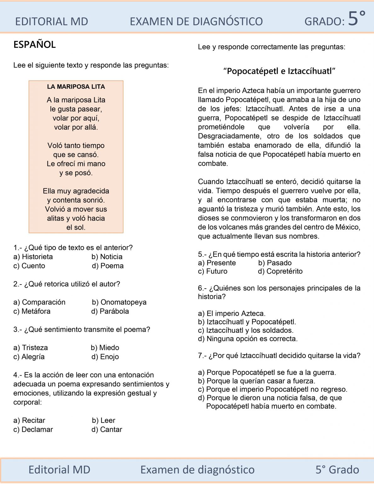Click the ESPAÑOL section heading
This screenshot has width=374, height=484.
34,44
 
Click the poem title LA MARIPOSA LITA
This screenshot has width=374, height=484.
76,87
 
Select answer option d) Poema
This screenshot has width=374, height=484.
108,266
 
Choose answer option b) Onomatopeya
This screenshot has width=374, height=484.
119,302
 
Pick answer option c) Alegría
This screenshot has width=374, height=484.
29,357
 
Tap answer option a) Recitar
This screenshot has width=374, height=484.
29,420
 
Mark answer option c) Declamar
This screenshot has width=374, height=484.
33,429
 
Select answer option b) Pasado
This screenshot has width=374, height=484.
275,263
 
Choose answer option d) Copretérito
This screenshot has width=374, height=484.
280,271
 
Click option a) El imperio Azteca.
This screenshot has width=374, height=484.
232,314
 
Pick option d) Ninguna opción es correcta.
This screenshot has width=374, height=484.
248,339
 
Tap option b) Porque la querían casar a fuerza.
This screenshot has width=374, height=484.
256,381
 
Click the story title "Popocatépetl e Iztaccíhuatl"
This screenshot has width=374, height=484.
279,71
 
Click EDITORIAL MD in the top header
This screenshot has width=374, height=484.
52,21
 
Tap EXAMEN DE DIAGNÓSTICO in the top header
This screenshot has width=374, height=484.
196,21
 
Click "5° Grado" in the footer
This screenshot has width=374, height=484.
337,470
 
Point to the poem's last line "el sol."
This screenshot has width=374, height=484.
76,228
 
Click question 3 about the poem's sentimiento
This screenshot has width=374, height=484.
82,330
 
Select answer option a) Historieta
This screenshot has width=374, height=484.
33,257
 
